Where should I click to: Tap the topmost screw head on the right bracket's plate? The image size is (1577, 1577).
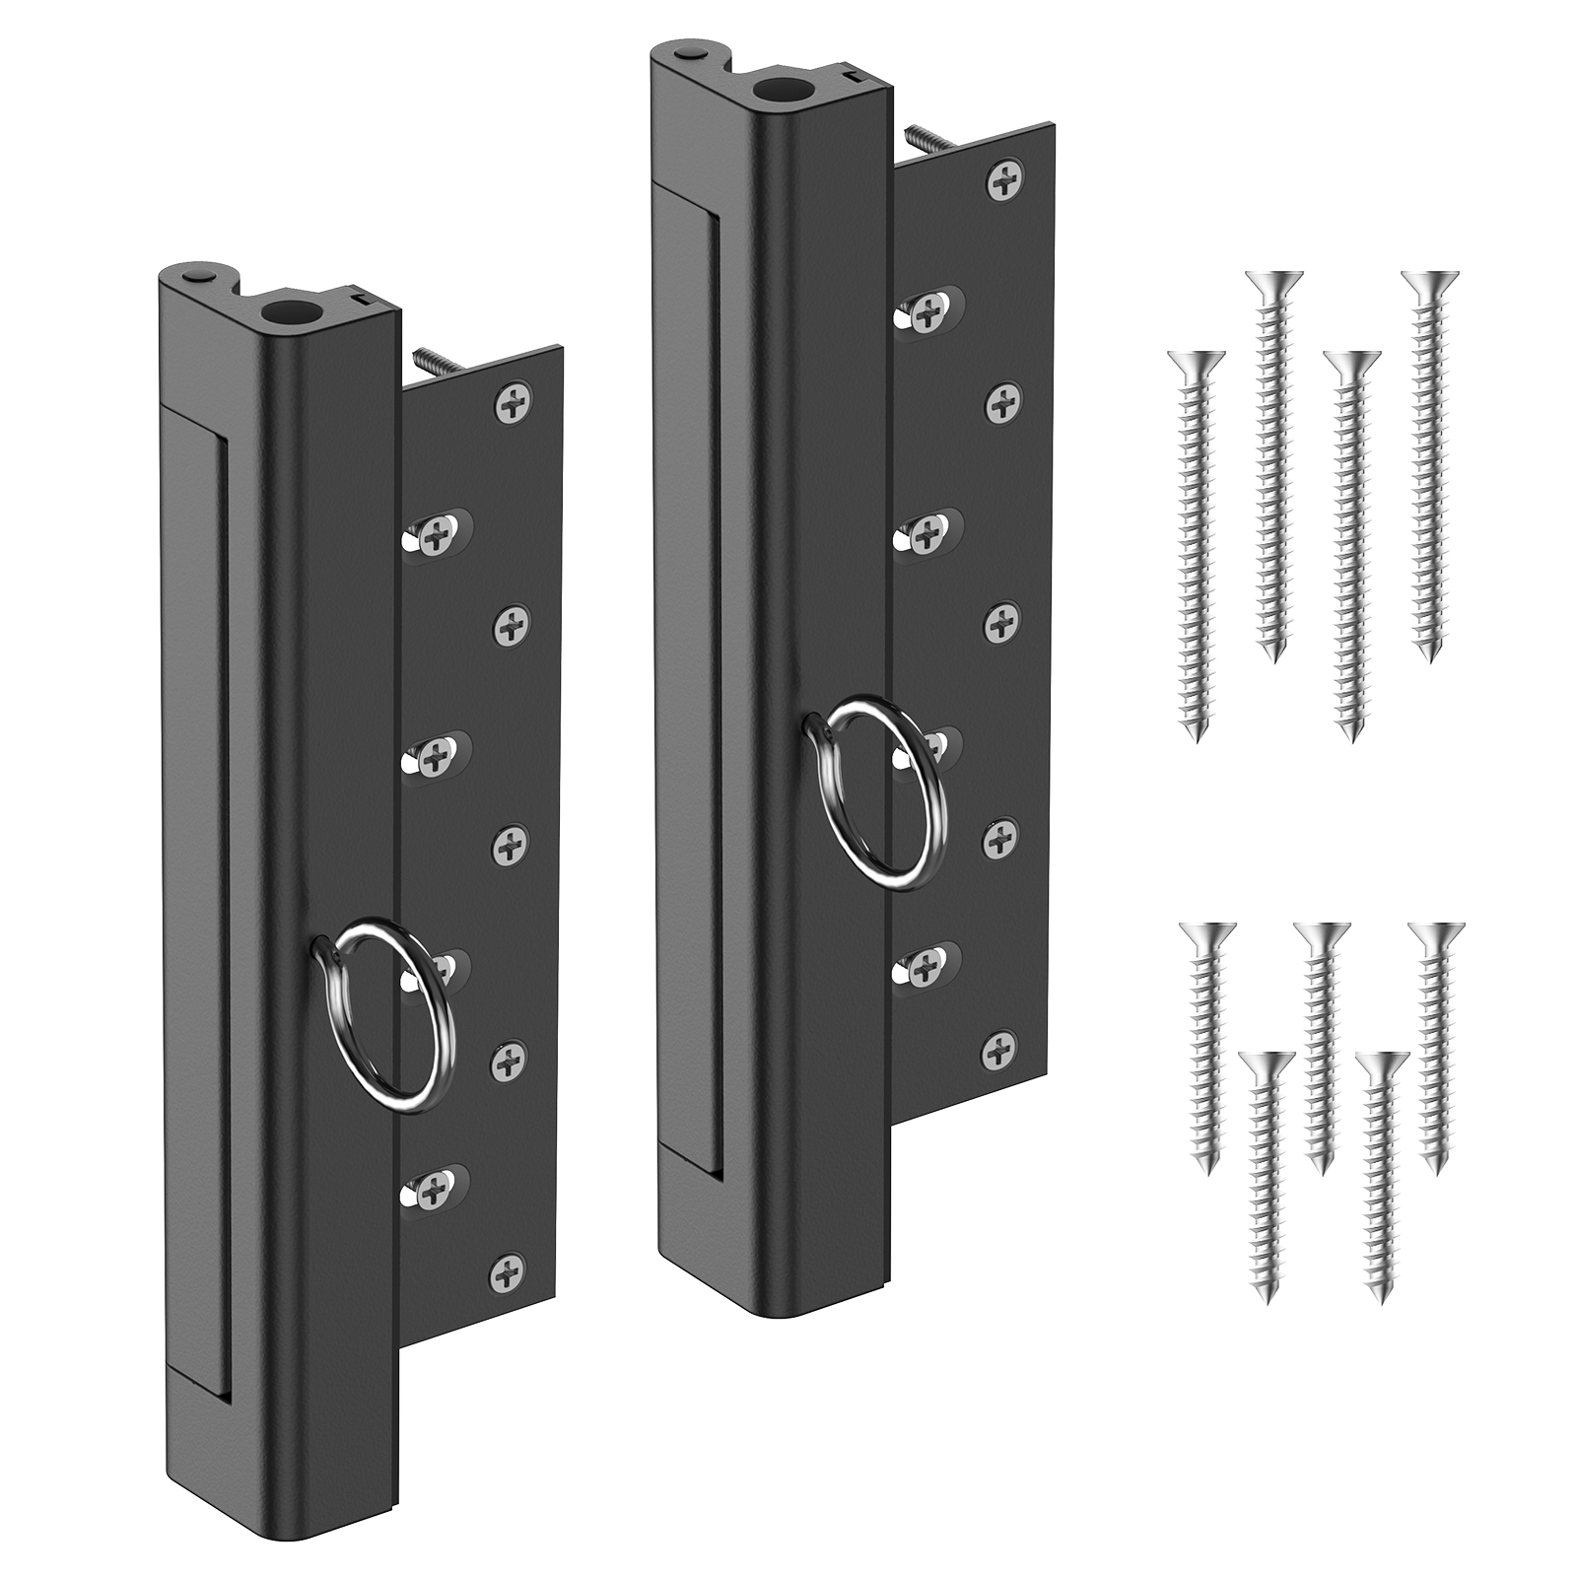click(1005, 180)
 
